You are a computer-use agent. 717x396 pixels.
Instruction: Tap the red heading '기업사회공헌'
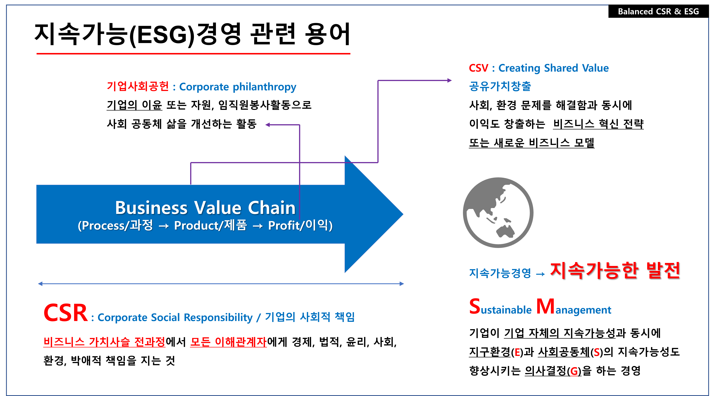[x=138, y=86]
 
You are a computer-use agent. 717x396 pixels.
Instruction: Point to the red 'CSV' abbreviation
[x=478, y=68]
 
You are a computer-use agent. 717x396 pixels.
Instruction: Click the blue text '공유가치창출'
[x=500, y=86]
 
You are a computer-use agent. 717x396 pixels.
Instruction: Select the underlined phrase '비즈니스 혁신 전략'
[x=598, y=124]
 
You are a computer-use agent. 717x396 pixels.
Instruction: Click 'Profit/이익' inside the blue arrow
[x=300, y=225]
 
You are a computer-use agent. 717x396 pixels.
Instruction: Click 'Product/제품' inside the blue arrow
[x=210, y=225]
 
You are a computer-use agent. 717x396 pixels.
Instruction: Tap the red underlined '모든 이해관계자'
[x=228, y=342]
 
